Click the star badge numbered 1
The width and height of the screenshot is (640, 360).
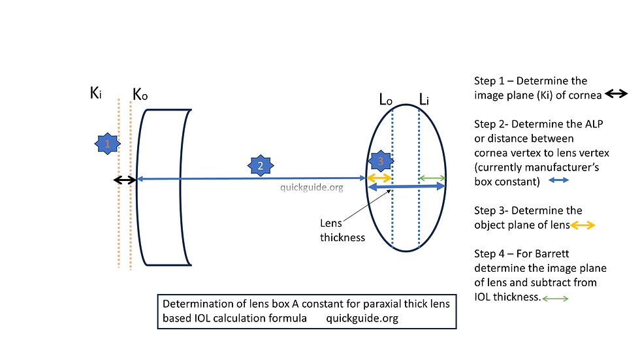(x=107, y=144)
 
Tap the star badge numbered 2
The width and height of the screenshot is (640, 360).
(x=261, y=166)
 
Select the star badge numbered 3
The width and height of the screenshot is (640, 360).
(x=380, y=161)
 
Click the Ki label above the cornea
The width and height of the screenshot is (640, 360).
(x=96, y=93)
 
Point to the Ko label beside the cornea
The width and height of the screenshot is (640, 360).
(x=140, y=95)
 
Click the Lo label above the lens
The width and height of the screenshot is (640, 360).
(x=386, y=99)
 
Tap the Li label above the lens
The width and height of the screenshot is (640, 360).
(x=424, y=99)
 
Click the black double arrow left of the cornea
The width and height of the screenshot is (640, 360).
(x=125, y=180)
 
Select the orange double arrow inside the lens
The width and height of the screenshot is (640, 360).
(x=379, y=178)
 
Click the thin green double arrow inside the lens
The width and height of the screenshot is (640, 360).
(x=432, y=178)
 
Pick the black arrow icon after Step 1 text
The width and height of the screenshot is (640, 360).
(x=616, y=94)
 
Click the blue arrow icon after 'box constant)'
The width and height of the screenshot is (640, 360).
(x=558, y=180)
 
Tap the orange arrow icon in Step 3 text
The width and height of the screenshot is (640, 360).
(x=583, y=225)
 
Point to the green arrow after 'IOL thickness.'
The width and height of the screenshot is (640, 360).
(x=555, y=299)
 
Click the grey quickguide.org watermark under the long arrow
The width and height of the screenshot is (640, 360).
(x=312, y=188)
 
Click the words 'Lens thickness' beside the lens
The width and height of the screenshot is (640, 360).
(x=342, y=230)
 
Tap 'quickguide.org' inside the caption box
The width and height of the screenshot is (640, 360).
(x=362, y=318)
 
